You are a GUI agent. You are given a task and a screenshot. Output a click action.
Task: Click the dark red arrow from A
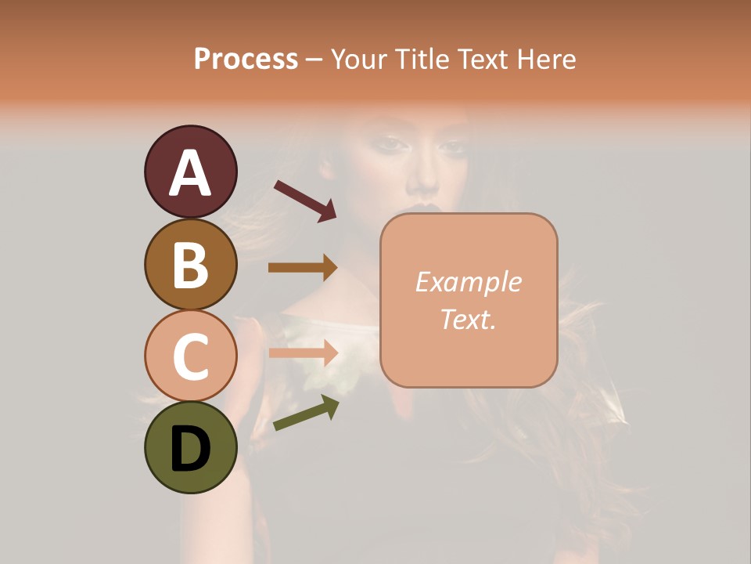pyautogui.click(x=305, y=201)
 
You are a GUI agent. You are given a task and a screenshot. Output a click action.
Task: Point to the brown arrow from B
pyautogui.click(x=303, y=268)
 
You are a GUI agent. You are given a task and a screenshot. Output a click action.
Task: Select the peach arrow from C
pyautogui.click(x=303, y=353)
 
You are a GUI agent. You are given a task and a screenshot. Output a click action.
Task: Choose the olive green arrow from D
pyautogui.click(x=306, y=414)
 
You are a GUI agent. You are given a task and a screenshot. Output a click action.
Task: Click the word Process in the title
pyautogui.click(x=246, y=59)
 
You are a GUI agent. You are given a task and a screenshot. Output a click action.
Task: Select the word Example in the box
pyautogui.click(x=468, y=282)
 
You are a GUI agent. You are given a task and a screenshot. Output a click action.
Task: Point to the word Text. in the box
pyautogui.click(x=468, y=319)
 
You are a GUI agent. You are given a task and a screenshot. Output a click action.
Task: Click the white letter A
pyautogui.click(x=190, y=173)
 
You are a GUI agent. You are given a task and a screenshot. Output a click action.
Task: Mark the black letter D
pyautogui.click(x=190, y=450)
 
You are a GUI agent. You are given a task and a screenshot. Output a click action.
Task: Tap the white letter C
pyautogui.click(x=190, y=356)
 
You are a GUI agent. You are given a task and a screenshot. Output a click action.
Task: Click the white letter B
pyautogui.click(x=190, y=265)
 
